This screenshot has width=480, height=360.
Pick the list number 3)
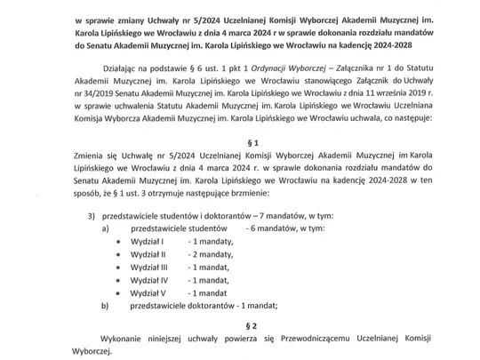click(91, 215)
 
